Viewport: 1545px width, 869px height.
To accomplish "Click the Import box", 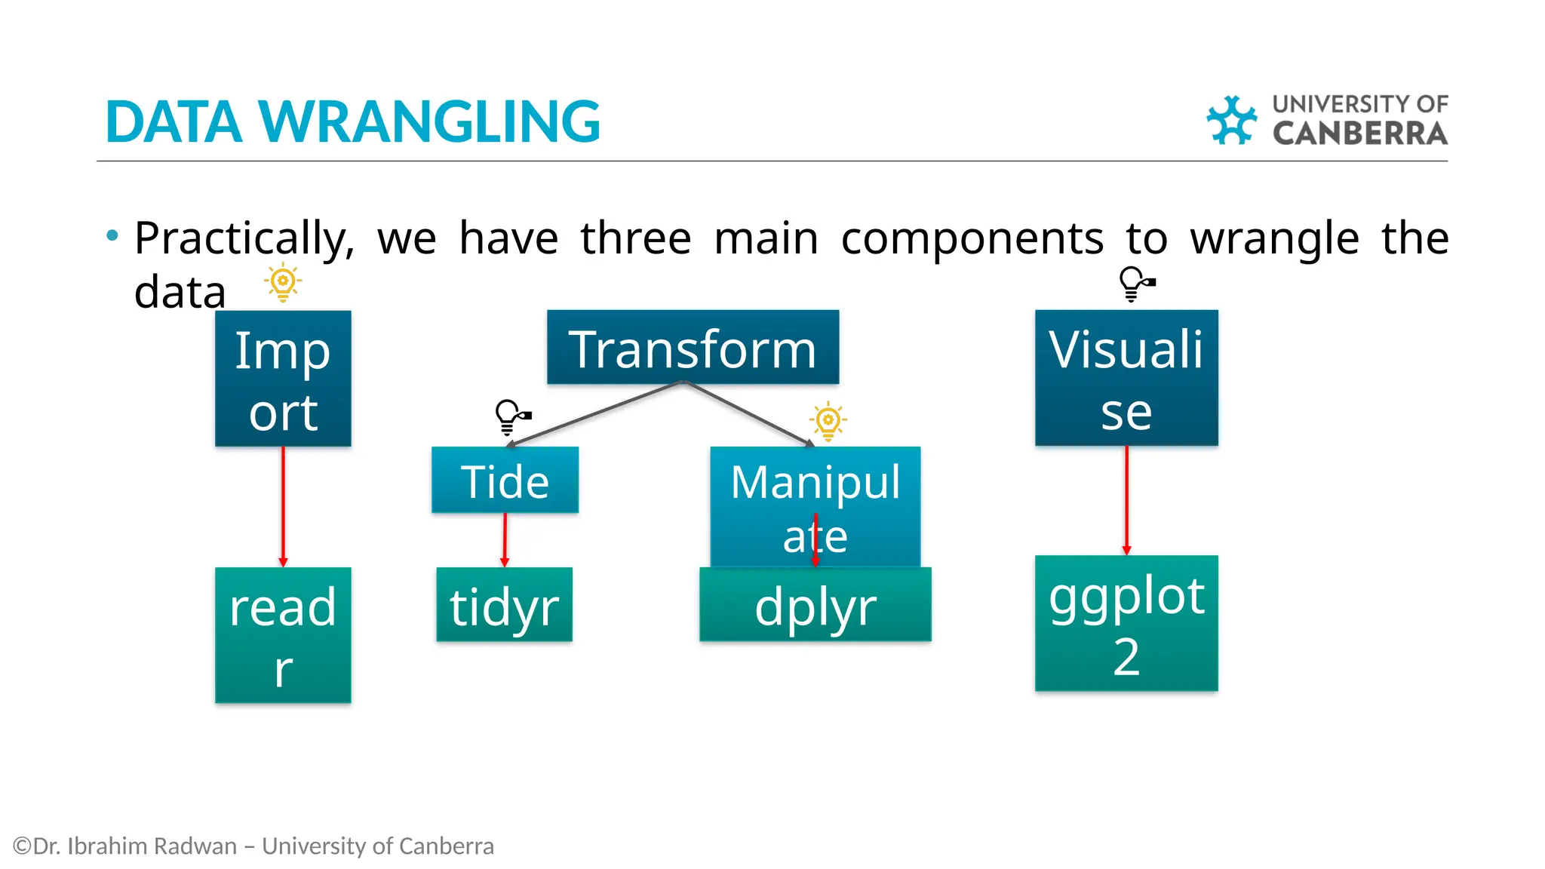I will pos(283,378).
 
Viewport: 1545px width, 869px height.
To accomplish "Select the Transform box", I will pos(693,347).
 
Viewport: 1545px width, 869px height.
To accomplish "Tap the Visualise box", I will pos(1126,378).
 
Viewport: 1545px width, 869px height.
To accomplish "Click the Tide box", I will pos(505,481).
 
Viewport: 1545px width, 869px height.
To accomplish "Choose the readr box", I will pos(283,635).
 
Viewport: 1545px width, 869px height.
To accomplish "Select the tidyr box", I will pos(504,605).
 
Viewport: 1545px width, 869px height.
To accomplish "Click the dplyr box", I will pos(815,606).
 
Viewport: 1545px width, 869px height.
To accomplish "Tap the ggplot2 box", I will pos(1126,624).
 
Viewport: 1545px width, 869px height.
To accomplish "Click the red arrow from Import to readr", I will pos(283,505).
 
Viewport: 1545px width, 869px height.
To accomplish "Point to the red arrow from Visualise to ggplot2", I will pos(1126,499).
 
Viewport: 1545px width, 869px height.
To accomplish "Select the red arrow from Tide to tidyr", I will pos(505,539).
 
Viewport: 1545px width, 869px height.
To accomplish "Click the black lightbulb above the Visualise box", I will pos(1135,284).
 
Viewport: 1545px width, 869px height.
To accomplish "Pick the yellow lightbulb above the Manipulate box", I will pos(828,420).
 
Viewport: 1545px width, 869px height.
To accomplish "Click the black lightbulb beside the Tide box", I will pos(511,416).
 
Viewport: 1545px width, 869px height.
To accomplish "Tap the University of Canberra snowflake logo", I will pos(1231,120).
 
